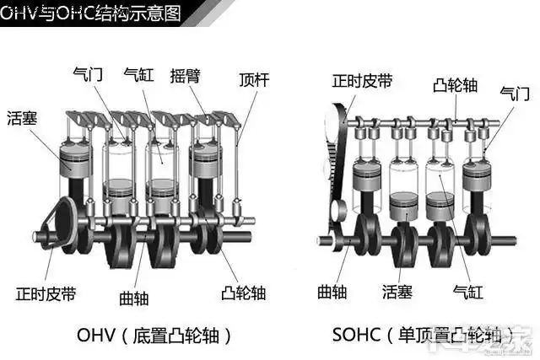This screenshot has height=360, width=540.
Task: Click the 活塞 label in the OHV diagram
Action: click(x=23, y=117)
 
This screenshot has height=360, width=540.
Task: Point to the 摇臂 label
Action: click(x=184, y=74)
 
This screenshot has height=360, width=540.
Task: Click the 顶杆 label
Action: click(x=254, y=81)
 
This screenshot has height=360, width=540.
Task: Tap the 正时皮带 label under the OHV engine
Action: click(x=46, y=293)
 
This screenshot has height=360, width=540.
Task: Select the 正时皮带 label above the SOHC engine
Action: click(x=362, y=81)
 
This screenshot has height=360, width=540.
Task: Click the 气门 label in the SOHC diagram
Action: click(x=514, y=92)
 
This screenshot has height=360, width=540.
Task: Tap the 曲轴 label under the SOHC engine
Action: click(x=332, y=292)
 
